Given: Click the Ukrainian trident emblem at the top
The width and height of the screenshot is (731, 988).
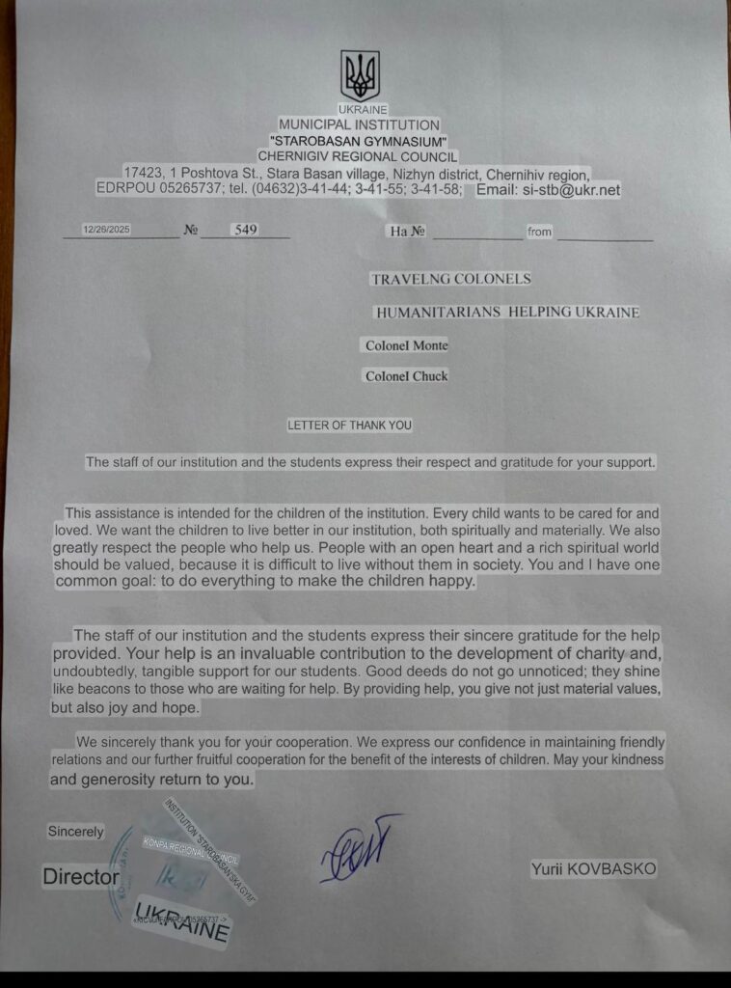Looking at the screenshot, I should click(360, 75).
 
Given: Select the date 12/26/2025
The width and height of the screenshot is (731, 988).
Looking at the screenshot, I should click(106, 231).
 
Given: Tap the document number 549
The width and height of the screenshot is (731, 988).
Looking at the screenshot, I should click(246, 231).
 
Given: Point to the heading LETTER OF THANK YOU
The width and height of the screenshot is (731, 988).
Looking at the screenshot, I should click(349, 425).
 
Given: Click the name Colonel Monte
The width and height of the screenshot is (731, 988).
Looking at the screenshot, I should click(406, 345).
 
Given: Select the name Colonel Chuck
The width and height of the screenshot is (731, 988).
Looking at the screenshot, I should click(406, 376).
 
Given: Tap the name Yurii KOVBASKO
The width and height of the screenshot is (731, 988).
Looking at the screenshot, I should click(593, 869).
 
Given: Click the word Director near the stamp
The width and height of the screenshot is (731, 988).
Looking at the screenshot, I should click(81, 877).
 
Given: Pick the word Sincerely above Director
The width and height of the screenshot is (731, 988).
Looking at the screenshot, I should click(76, 832).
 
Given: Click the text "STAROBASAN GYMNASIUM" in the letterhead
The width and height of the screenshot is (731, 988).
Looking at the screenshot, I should click(358, 141).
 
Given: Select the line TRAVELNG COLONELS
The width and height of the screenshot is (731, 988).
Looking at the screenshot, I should click(450, 279).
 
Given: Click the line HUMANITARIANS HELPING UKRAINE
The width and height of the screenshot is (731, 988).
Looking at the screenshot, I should click(507, 313).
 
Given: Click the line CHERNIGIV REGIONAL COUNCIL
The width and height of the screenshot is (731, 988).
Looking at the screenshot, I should click(358, 156).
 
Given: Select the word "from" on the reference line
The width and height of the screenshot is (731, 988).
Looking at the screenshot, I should click(539, 233).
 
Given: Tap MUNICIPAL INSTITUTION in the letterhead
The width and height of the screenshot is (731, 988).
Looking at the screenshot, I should click(359, 124).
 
